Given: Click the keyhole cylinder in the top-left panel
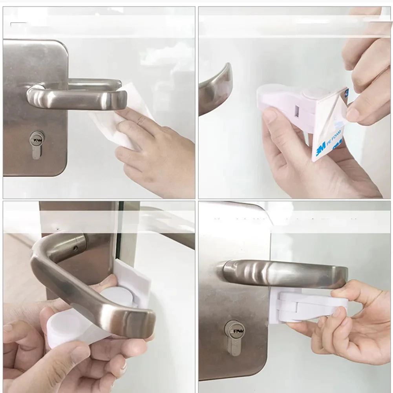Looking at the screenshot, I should coord(37,144).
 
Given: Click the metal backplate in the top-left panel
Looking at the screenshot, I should coord(35,118).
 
